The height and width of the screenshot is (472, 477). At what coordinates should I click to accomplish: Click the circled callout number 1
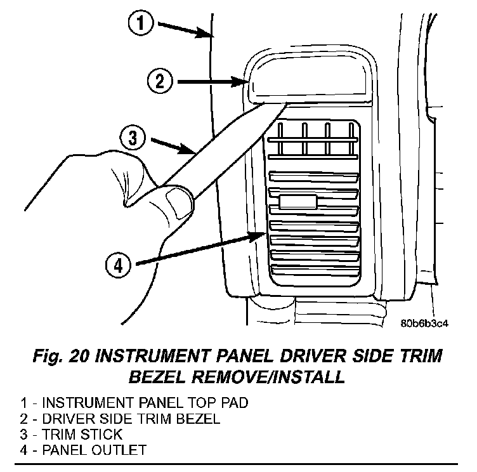coord(141,23)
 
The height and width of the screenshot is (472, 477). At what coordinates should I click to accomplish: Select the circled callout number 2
coord(160,82)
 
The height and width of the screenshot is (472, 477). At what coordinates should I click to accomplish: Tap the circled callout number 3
coord(133,138)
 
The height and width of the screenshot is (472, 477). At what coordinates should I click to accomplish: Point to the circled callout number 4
coord(119,265)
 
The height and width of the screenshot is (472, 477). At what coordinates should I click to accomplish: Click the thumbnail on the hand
coord(180,203)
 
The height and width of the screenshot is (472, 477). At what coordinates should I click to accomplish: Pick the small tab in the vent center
coord(298,202)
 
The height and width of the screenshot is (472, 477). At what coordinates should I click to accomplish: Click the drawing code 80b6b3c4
coord(424,323)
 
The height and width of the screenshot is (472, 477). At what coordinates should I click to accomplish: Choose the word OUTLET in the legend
coord(119,450)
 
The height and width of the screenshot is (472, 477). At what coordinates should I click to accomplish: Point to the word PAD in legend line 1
coord(235,403)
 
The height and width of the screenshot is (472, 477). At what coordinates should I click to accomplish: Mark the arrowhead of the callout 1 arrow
coord(203,32)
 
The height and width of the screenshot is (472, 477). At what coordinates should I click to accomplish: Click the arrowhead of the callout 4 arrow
coord(256,237)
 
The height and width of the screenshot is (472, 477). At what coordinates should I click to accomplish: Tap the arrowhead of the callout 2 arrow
coord(238,82)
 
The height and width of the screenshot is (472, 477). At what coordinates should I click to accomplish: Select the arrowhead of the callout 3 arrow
coord(186,149)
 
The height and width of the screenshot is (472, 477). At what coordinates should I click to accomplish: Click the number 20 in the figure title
coord(79,356)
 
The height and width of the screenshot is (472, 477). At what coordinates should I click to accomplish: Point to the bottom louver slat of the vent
coord(315,270)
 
